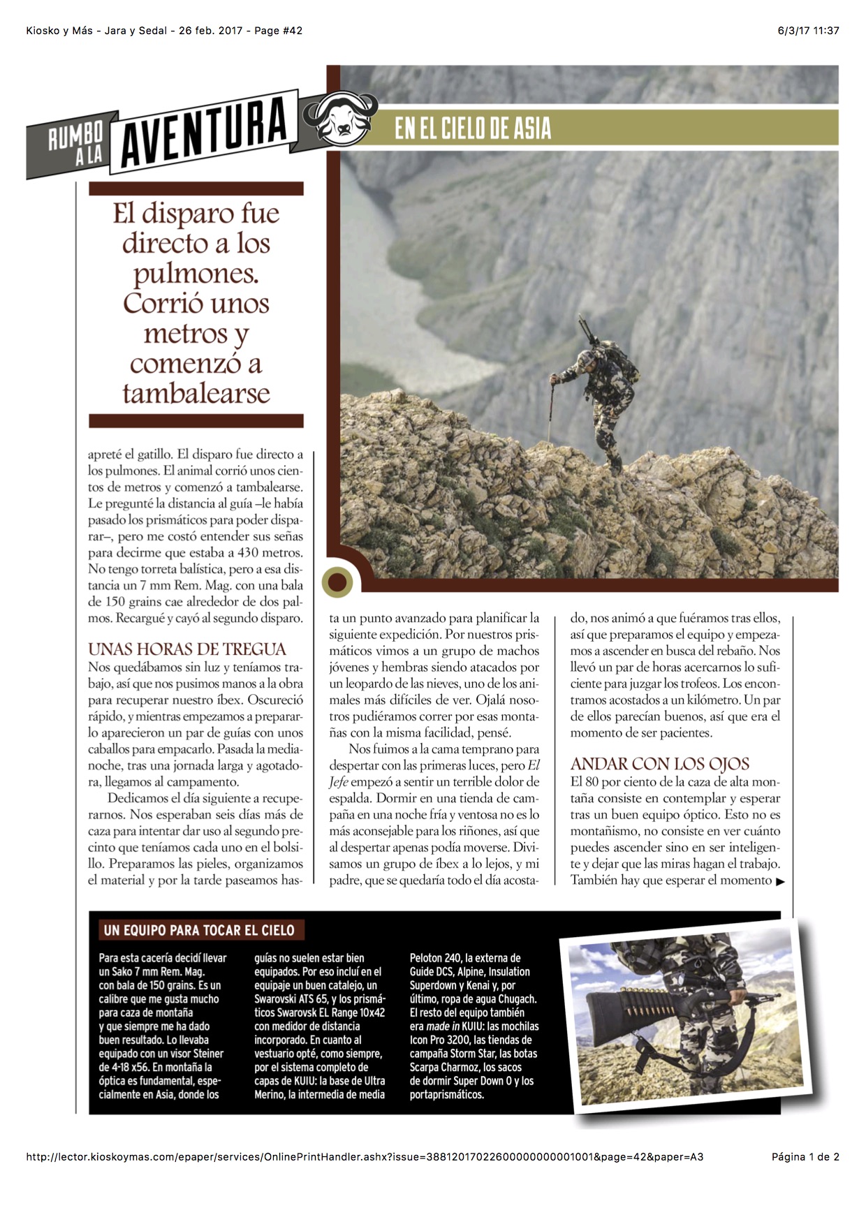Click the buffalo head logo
point(341,117)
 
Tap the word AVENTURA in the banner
point(204,129)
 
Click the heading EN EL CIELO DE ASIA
point(473,128)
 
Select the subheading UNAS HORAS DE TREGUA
point(187,649)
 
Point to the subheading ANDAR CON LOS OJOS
point(660,764)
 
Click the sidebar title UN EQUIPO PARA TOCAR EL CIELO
point(199,930)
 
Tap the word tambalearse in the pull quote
point(196,393)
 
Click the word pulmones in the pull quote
point(196,273)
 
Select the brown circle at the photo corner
point(337,582)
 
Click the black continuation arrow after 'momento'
point(780,882)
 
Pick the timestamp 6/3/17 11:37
point(808,31)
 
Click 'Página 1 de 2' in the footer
point(805,1157)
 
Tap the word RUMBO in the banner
point(75,136)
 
